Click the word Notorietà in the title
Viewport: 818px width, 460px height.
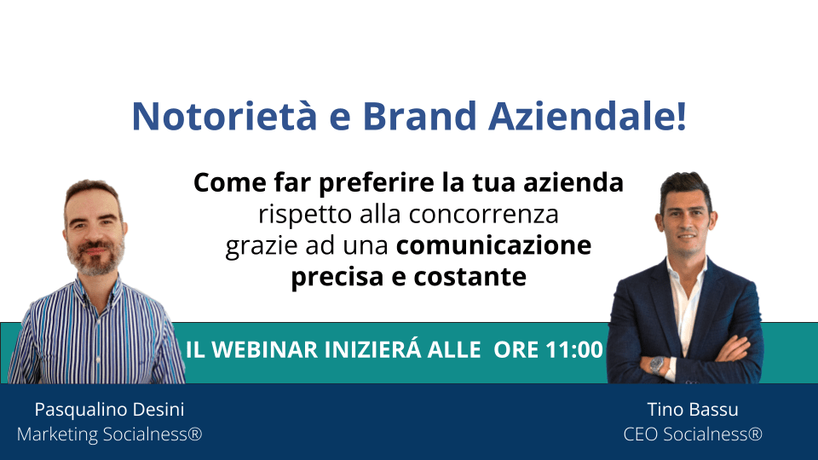[224, 115]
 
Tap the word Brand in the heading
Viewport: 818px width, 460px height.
[419, 115]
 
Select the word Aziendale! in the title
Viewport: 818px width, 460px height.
[587, 115]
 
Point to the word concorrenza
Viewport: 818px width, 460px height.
[484, 215]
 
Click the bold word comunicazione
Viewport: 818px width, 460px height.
[493, 245]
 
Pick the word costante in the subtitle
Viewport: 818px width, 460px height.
[469, 277]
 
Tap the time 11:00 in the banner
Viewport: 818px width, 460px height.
[574, 349]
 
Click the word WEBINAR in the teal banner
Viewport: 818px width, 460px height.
[264, 349]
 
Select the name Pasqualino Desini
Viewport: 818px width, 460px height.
[110, 410]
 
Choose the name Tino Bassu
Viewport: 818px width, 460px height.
[693, 410]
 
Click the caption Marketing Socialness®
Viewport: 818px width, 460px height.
[110, 434]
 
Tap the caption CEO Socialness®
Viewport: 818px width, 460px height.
[693, 434]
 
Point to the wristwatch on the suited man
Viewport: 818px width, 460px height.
[657, 365]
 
